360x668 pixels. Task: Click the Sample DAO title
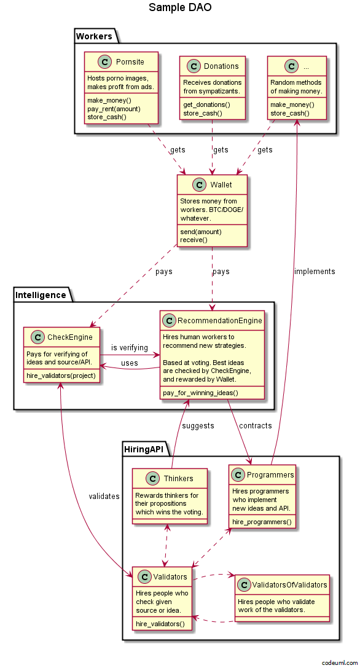(180, 7)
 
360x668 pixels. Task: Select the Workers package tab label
(94, 36)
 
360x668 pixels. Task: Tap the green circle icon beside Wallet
(200, 184)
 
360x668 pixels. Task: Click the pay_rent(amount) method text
(114, 109)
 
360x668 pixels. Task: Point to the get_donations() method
(206, 104)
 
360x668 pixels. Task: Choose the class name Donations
(221, 66)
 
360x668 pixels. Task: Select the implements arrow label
(315, 272)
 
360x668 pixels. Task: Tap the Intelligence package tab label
(41, 295)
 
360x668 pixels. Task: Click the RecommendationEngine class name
(220, 320)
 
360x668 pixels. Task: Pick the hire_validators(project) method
(61, 375)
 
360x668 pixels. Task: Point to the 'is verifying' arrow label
(130, 348)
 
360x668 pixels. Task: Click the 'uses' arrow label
(129, 363)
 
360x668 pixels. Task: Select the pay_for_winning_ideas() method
(200, 393)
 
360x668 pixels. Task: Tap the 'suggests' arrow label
(198, 426)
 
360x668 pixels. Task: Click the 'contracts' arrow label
(255, 426)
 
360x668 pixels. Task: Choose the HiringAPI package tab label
(144, 449)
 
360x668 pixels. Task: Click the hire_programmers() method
(262, 522)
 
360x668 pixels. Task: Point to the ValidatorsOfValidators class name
(290, 585)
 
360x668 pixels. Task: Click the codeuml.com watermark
(340, 662)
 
